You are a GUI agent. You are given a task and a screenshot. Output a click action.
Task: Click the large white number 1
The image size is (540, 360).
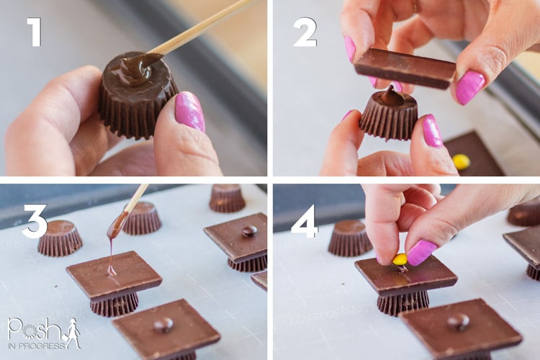(35, 32)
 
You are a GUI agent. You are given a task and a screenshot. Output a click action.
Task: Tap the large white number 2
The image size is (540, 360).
(305, 32)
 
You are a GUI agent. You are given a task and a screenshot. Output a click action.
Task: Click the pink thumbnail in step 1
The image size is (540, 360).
(190, 112)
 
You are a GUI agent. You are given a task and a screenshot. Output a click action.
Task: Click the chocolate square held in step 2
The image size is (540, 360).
(405, 68)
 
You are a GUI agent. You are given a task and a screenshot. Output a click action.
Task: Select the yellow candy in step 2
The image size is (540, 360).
(461, 161)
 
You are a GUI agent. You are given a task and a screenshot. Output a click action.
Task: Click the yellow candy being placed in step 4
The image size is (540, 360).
(400, 259)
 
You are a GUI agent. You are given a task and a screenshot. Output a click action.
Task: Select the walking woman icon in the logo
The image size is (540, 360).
(73, 333)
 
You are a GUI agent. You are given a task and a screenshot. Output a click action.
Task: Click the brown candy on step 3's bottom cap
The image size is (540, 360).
(163, 325)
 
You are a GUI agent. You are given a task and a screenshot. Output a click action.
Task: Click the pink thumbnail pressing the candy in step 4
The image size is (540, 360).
(420, 252)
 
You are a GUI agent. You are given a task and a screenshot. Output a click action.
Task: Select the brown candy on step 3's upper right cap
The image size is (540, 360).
(249, 230)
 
